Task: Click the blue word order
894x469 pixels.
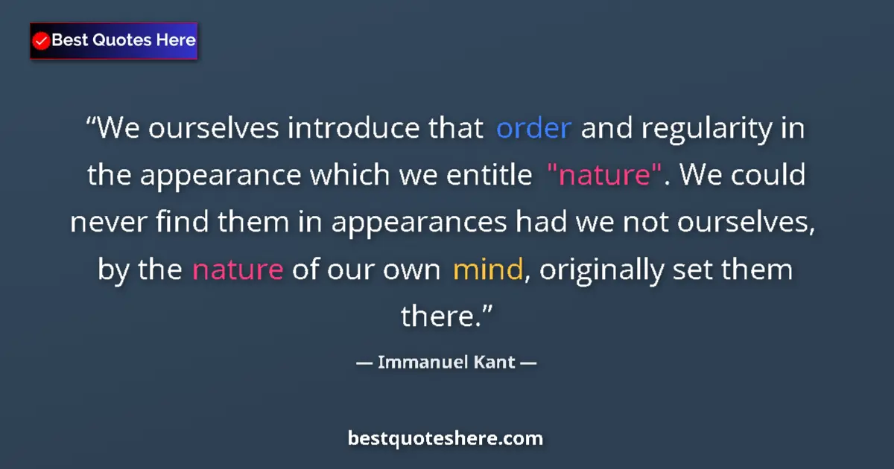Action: pos(533,130)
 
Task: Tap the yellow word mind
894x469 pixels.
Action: pos(487,269)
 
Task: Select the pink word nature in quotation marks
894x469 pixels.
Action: pos(604,176)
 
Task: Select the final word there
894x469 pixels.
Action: pos(445,317)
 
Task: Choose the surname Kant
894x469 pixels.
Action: pos(489,363)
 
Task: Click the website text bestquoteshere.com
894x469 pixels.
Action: pos(446,438)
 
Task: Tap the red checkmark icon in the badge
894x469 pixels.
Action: pos(42,41)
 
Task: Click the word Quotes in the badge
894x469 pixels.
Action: pos(124,40)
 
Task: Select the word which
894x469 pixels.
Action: pos(346,176)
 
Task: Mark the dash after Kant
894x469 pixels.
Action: pos(528,363)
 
